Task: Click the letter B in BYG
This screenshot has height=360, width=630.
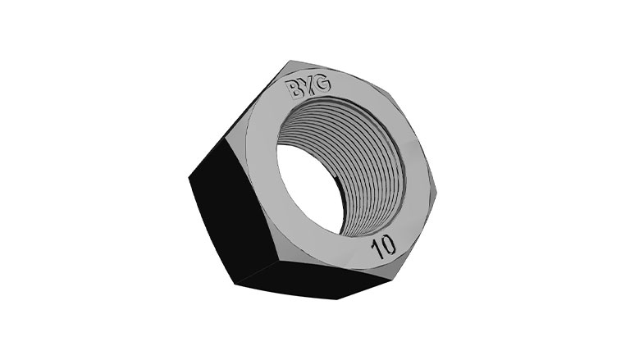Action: pyautogui.click(x=292, y=89)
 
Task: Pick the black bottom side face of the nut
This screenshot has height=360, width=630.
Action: pyautogui.click(x=313, y=280)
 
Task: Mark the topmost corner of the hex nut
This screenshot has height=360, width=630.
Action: pyautogui.click(x=290, y=61)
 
